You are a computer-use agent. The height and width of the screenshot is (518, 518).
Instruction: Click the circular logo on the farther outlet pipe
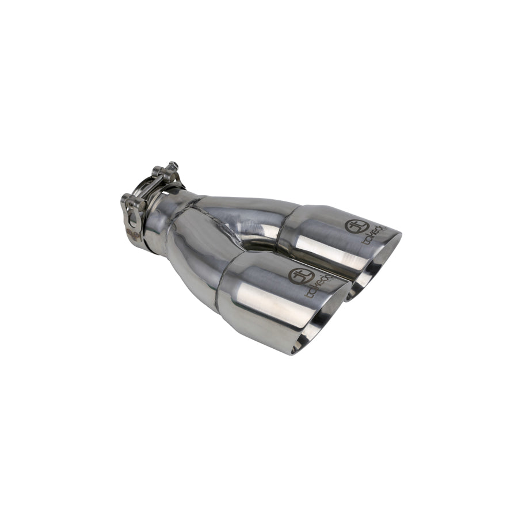click(x=353, y=226)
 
